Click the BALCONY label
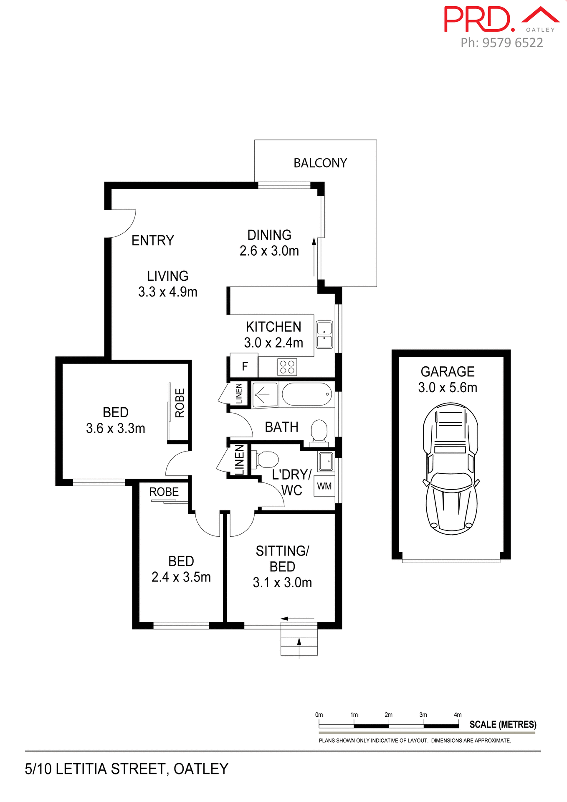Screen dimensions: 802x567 [x=320, y=163]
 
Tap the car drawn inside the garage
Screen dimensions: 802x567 [x=451, y=469]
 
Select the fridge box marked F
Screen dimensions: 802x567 [x=244, y=366]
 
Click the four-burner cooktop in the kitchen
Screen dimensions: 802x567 [x=287, y=367]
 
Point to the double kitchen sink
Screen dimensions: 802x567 [x=324, y=335]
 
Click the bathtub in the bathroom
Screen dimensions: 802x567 [x=307, y=394]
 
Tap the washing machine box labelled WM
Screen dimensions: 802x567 [x=324, y=486]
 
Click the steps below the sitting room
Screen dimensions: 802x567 [x=299, y=639]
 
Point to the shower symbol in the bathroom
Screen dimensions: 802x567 [x=265, y=394]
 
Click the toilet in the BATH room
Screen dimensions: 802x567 [x=319, y=431]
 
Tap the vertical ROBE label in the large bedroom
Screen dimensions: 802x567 [x=180, y=403]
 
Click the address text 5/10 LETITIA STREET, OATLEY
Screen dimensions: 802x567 [x=127, y=769]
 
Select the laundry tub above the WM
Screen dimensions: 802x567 [x=326, y=462]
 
